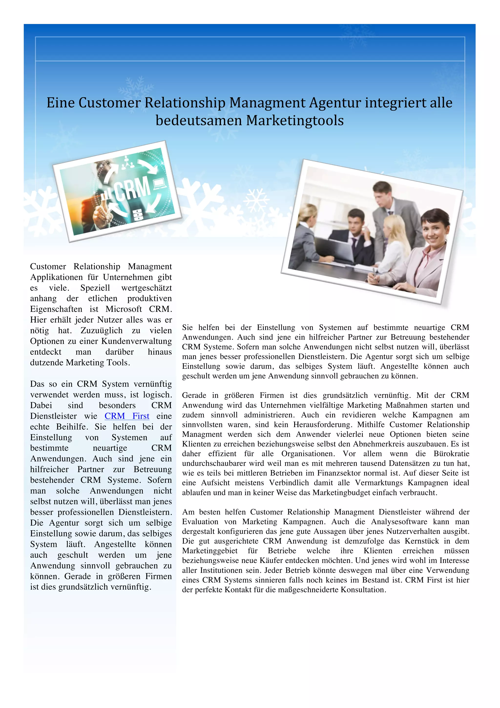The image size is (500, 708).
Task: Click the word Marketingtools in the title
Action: pyautogui.click(x=295, y=121)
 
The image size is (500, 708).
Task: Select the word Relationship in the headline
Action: pyautogui.click(x=185, y=103)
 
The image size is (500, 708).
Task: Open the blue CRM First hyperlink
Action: pyautogui.click(x=127, y=416)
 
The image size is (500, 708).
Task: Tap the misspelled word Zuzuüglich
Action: pyautogui.click(x=101, y=330)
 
